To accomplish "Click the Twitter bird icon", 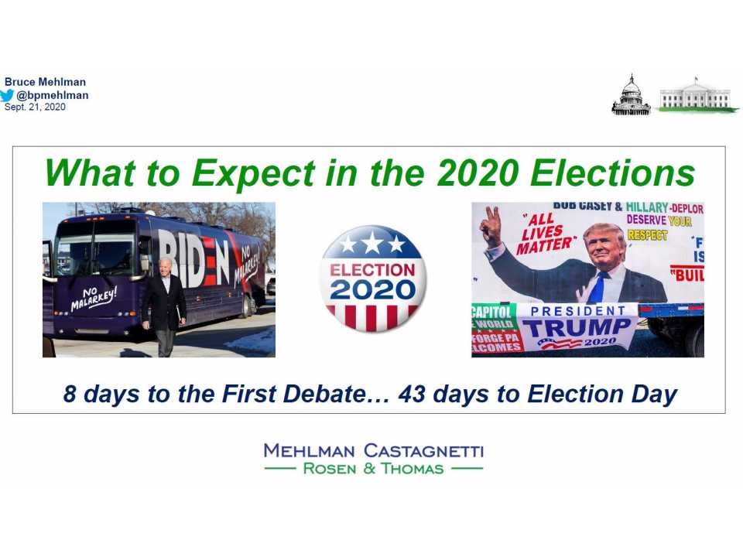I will pyautogui.click(x=9, y=96).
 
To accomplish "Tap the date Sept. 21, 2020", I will pyautogui.click(x=35, y=108).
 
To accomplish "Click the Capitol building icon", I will pyautogui.click(x=631, y=96).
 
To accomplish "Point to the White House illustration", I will pyautogui.click(x=695, y=97).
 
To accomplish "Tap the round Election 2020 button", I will pyautogui.click(x=373, y=278).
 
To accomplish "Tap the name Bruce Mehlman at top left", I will pyautogui.click(x=45, y=82).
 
